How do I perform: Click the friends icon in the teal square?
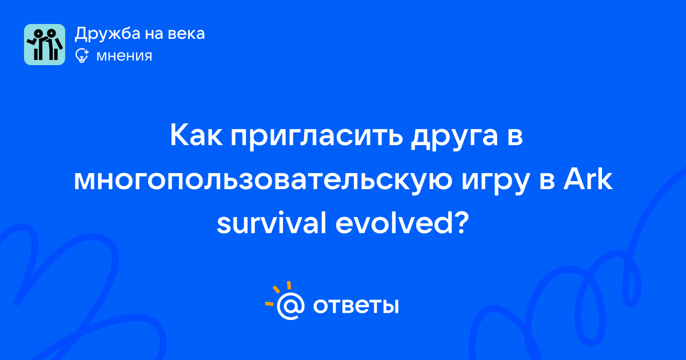45,45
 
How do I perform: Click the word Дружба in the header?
107,34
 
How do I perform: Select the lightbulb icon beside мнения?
82,56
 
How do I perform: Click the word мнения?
124,56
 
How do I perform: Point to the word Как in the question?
196,135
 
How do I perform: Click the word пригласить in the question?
317,138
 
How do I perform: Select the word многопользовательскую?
263,180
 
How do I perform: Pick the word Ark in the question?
588,179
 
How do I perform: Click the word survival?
272,223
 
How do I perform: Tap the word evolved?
394,223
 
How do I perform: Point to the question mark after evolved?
461,223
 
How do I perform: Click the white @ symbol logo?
290,306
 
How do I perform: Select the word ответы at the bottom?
356,306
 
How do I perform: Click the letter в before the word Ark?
547,181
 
